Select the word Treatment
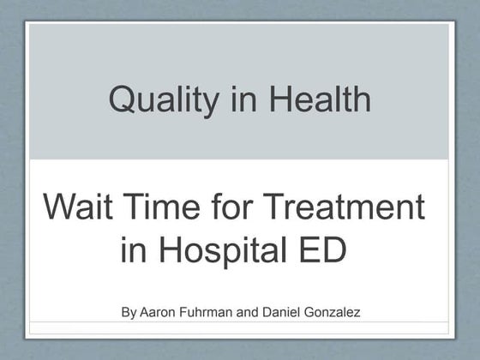pyautogui.click(x=344, y=207)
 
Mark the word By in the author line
pyautogui.click(x=129, y=313)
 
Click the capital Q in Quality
pyautogui.click(x=122, y=99)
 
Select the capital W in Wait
pyautogui.click(x=60, y=207)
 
